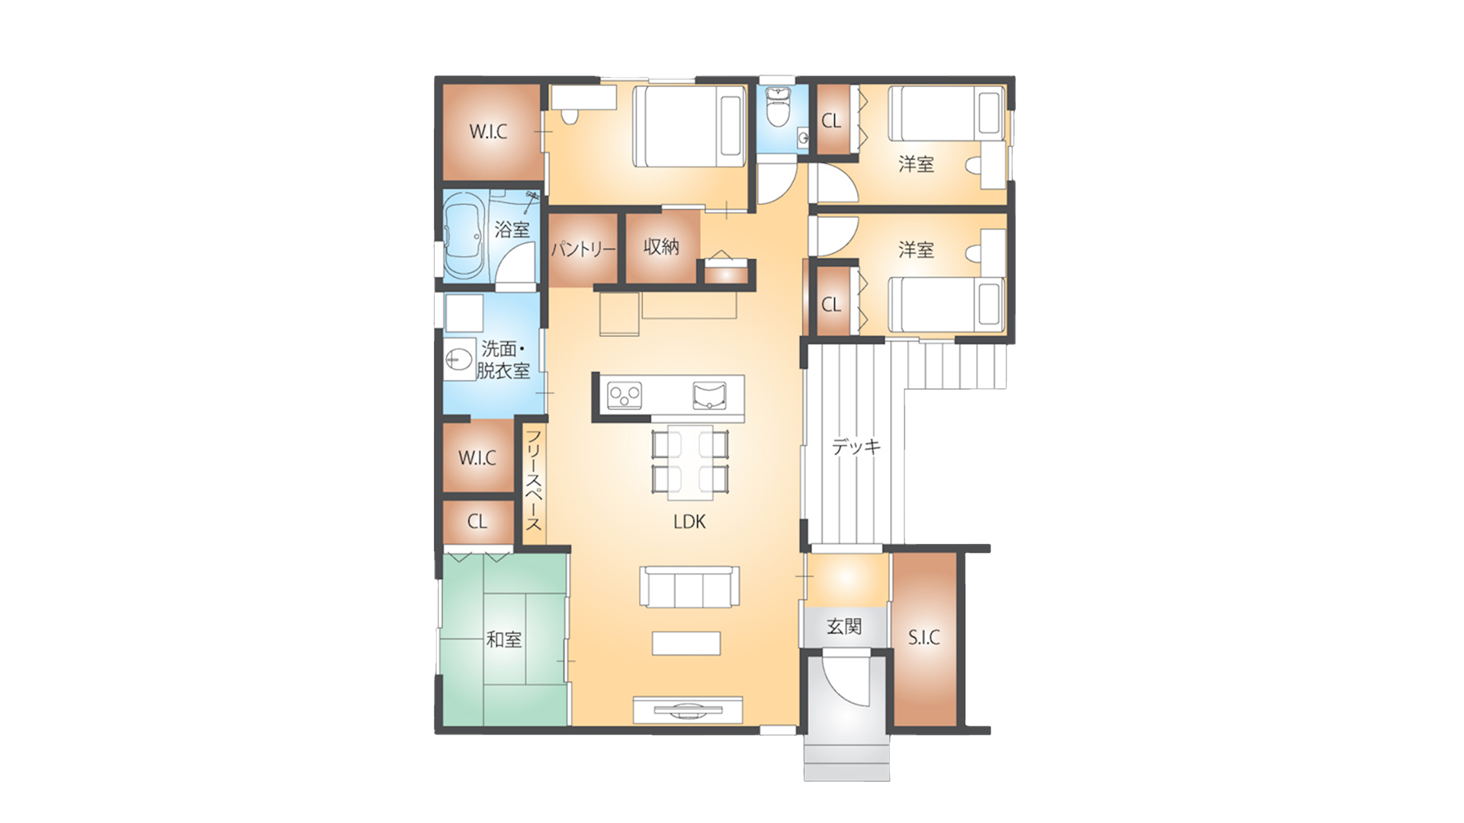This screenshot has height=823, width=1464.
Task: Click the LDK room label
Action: pos(689,522)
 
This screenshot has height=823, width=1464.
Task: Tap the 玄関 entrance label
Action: pos(844,627)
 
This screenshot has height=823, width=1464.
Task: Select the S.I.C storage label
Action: pos(924,638)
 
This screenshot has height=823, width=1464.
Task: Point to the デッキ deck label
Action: pos(856,447)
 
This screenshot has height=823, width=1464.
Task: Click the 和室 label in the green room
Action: pos(504,639)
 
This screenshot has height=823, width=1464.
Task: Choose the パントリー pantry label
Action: pos(583,249)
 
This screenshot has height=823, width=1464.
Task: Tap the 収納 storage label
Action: pos(661,246)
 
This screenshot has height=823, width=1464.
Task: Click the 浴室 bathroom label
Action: pos(512,229)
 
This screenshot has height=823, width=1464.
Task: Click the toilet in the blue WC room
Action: pos(778,107)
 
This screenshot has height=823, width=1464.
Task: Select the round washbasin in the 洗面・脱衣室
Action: pos(458,359)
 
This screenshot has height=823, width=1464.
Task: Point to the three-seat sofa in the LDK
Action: pos(689,587)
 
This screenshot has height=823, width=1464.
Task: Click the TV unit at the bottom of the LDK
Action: pos(688,710)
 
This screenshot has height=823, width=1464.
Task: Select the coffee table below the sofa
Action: pos(686,643)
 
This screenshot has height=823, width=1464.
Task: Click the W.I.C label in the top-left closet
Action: pos(488,131)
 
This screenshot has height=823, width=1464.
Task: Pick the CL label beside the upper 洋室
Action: pos(831,120)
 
